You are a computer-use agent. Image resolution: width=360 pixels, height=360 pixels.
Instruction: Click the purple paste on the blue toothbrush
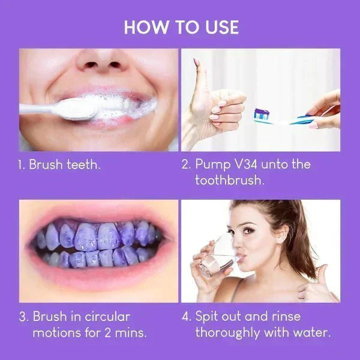pyautogui.click(x=262, y=113)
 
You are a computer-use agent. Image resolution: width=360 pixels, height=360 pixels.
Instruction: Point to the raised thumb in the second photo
pyautogui.click(x=199, y=72)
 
